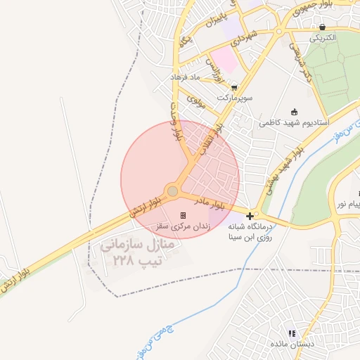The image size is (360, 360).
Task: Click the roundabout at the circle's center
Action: pos(172,191)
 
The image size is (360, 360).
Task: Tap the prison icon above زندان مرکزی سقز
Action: pos(183,214)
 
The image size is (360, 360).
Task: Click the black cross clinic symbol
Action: pos(251,214)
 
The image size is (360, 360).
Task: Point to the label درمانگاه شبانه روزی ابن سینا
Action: pos(251,232)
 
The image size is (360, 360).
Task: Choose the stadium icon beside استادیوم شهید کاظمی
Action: pos(294,111)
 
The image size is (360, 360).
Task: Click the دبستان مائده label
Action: pos(290,344)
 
